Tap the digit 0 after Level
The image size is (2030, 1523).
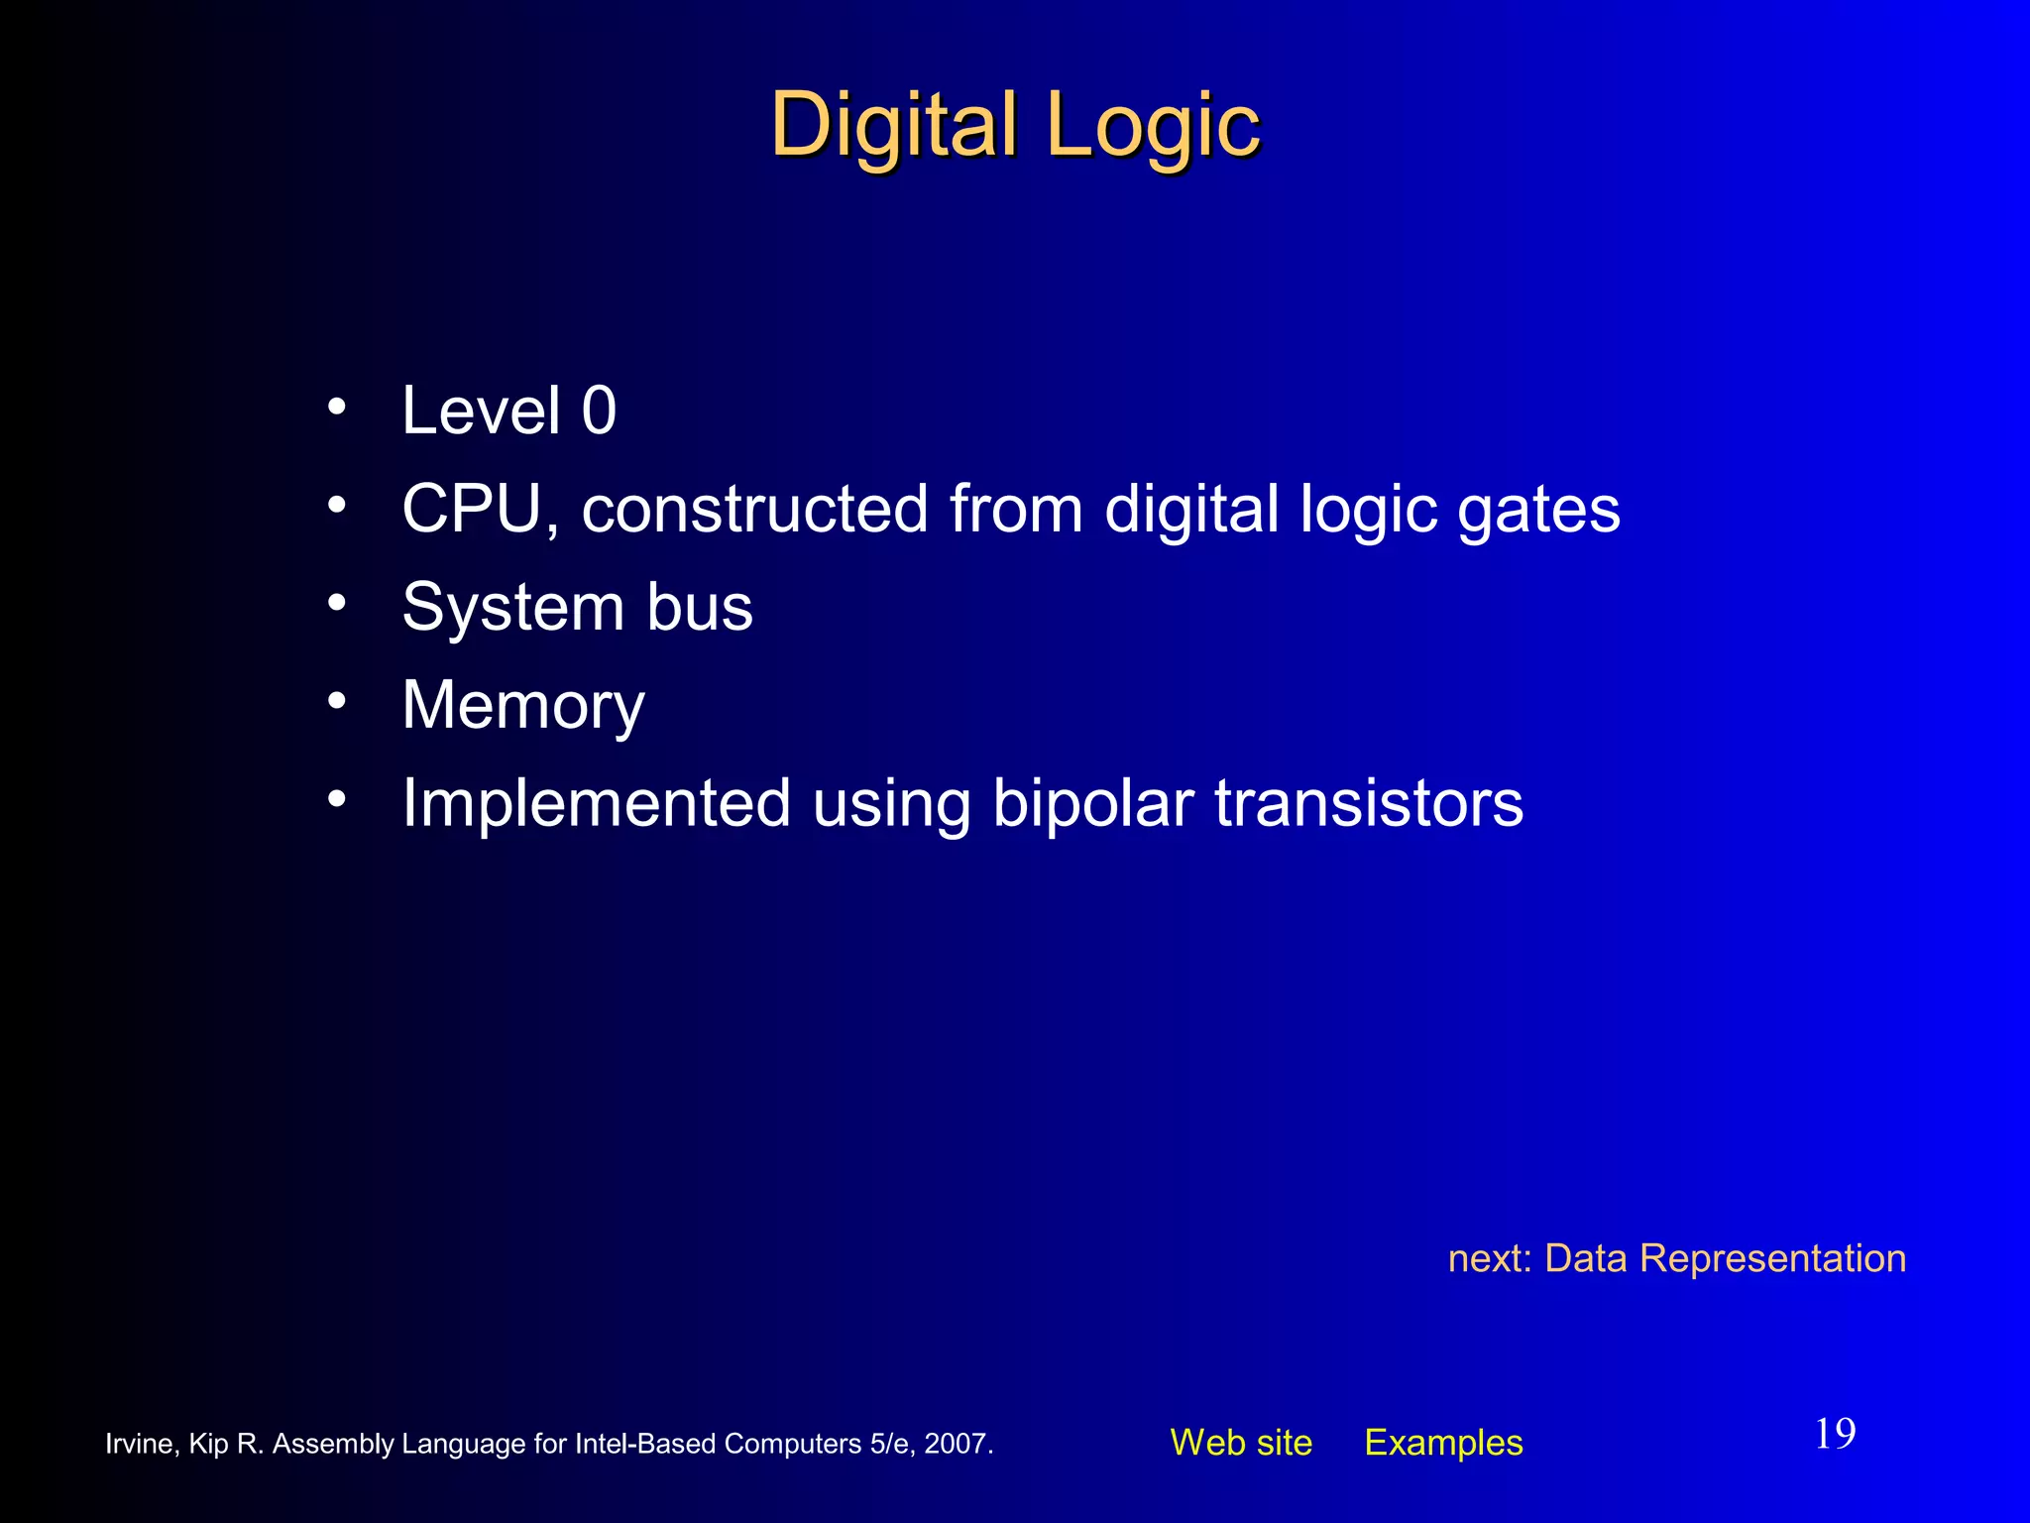click(x=599, y=410)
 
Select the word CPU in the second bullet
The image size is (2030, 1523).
click(x=473, y=510)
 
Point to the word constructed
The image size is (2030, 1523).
click(x=754, y=510)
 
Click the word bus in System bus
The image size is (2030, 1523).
click(x=700, y=607)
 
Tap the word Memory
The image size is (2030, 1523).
click(x=523, y=706)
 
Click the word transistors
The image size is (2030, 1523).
click(x=1369, y=804)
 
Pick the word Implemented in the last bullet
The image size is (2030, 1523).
click(x=596, y=804)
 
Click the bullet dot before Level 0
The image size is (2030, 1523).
click(x=337, y=407)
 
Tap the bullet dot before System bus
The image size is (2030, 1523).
click(x=337, y=603)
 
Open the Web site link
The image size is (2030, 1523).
click(x=1241, y=1443)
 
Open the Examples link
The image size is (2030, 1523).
click(x=1443, y=1443)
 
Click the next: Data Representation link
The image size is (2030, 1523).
click(x=1676, y=1258)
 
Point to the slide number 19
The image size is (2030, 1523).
click(x=1835, y=1434)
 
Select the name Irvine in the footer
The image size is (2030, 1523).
click(x=140, y=1444)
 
